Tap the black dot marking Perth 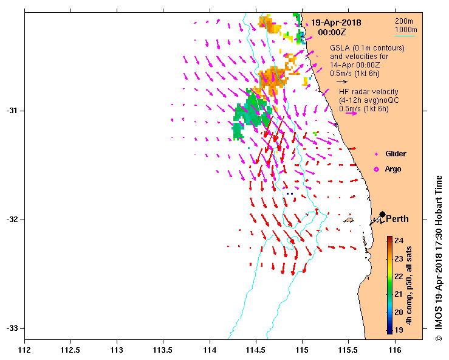pyautogui.click(x=382, y=214)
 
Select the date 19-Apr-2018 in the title pyautogui.click(x=337, y=22)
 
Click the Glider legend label pyautogui.click(x=396, y=154)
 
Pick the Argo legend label pyautogui.click(x=393, y=168)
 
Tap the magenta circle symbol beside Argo pyautogui.click(x=376, y=168)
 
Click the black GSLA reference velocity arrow pyautogui.click(x=342, y=81)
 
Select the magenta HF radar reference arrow pyautogui.click(x=351, y=113)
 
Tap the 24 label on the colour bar pyautogui.click(x=399, y=240)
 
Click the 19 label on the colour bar pyautogui.click(x=399, y=330)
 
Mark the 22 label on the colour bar pyautogui.click(x=399, y=276)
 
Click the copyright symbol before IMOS pyautogui.click(x=439, y=337)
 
